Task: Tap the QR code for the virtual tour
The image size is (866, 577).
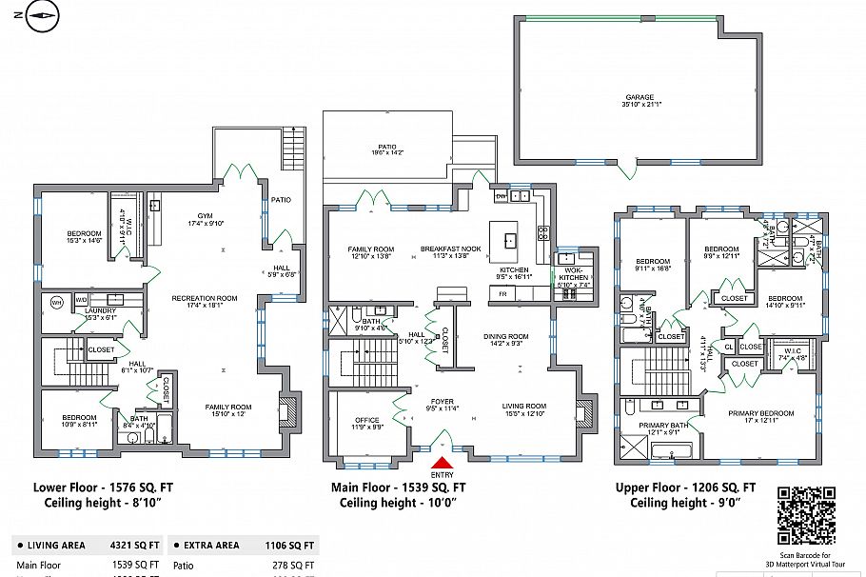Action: click(806, 515)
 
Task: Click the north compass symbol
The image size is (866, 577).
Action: click(43, 14)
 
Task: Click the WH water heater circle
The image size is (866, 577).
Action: click(55, 304)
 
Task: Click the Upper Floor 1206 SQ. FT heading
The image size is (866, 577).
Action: click(685, 487)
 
